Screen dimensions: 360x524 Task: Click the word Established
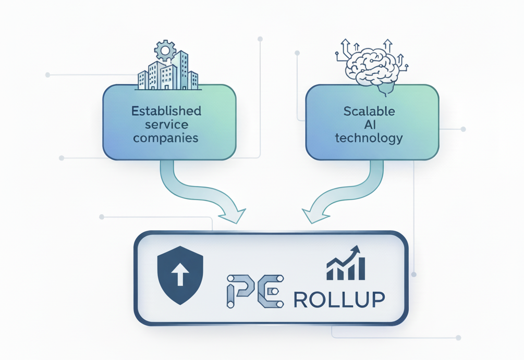click(x=166, y=111)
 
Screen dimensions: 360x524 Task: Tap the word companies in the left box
click(x=165, y=138)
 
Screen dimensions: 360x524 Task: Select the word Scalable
click(x=369, y=111)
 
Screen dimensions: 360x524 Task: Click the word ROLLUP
click(x=339, y=299)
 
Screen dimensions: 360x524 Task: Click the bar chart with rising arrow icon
click(x=345, y=264)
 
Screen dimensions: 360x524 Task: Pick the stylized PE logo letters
click(x=255, y=292)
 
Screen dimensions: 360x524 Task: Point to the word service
click(x=165, y=125)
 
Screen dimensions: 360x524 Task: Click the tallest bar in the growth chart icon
click(x=360, y=268)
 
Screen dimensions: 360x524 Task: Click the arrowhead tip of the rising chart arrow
click(x=358, y=249)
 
